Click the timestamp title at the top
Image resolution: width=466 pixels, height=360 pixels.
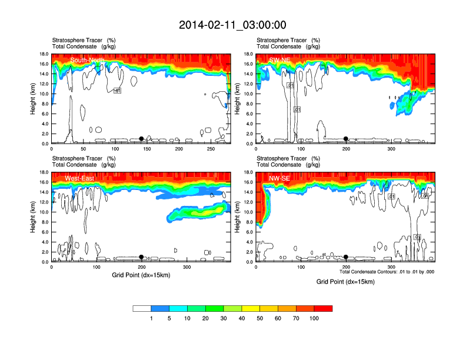click(x=232, y=25)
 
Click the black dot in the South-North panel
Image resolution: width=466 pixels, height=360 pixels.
click(x=141, y=139)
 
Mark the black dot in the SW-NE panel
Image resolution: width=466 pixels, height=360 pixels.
click(x=346, y=139)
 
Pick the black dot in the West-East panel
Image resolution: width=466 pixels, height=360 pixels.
click(x=141, y=257)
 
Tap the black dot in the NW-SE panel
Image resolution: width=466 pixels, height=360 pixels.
click(x=346, y=257)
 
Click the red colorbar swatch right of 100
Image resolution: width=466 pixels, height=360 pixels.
click(x=323, y=308)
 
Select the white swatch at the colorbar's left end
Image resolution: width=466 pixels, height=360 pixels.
click(x=142, y=308)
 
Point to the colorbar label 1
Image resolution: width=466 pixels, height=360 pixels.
click(x=151, y=318)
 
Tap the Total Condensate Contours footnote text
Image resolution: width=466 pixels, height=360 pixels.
click(x=387, y=272)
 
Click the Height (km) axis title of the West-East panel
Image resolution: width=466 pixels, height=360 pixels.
click(x=33, y=217)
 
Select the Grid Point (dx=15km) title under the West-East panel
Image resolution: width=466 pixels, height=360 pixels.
click(x=141, y=275)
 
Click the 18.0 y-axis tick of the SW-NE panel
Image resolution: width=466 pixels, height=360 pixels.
click(x=249, y=54)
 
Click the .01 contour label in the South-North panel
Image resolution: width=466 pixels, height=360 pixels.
click(x=117, y=91)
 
